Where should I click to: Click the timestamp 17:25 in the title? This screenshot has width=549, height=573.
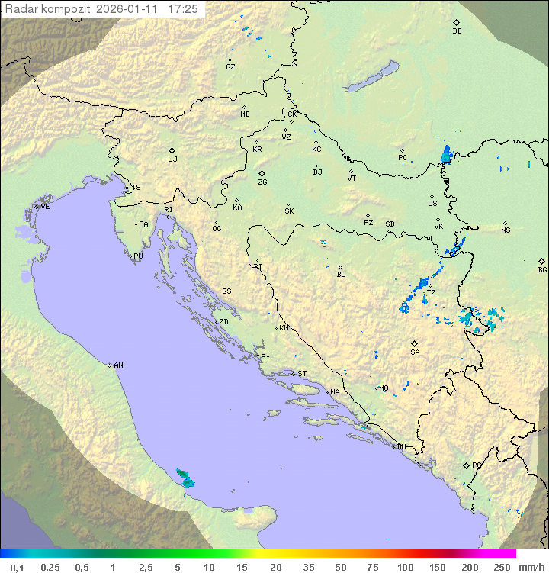[183, 9]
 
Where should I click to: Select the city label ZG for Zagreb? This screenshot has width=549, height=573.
[262, 182]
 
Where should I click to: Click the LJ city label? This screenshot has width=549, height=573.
[172, 159]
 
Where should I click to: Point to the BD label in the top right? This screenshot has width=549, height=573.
[457, 31]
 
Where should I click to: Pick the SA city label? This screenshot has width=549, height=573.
[415, 352]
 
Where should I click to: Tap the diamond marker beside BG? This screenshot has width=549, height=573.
[542, 261]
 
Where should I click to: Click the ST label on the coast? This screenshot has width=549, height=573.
[302, 374]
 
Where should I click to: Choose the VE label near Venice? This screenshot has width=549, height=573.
[45, 207]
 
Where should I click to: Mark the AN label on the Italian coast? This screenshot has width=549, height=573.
[118, 365]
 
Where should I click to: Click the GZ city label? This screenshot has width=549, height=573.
[230, 66]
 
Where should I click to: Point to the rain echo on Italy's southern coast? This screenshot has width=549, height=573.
[185, 478]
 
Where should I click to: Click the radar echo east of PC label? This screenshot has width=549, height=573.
[446, 155]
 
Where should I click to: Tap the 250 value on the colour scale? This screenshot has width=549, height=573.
[501, 567]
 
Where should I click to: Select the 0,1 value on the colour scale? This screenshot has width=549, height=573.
[17, 567]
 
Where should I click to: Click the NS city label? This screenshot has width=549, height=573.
[506, 230]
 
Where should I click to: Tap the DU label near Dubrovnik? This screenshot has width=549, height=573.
[400, 447]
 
